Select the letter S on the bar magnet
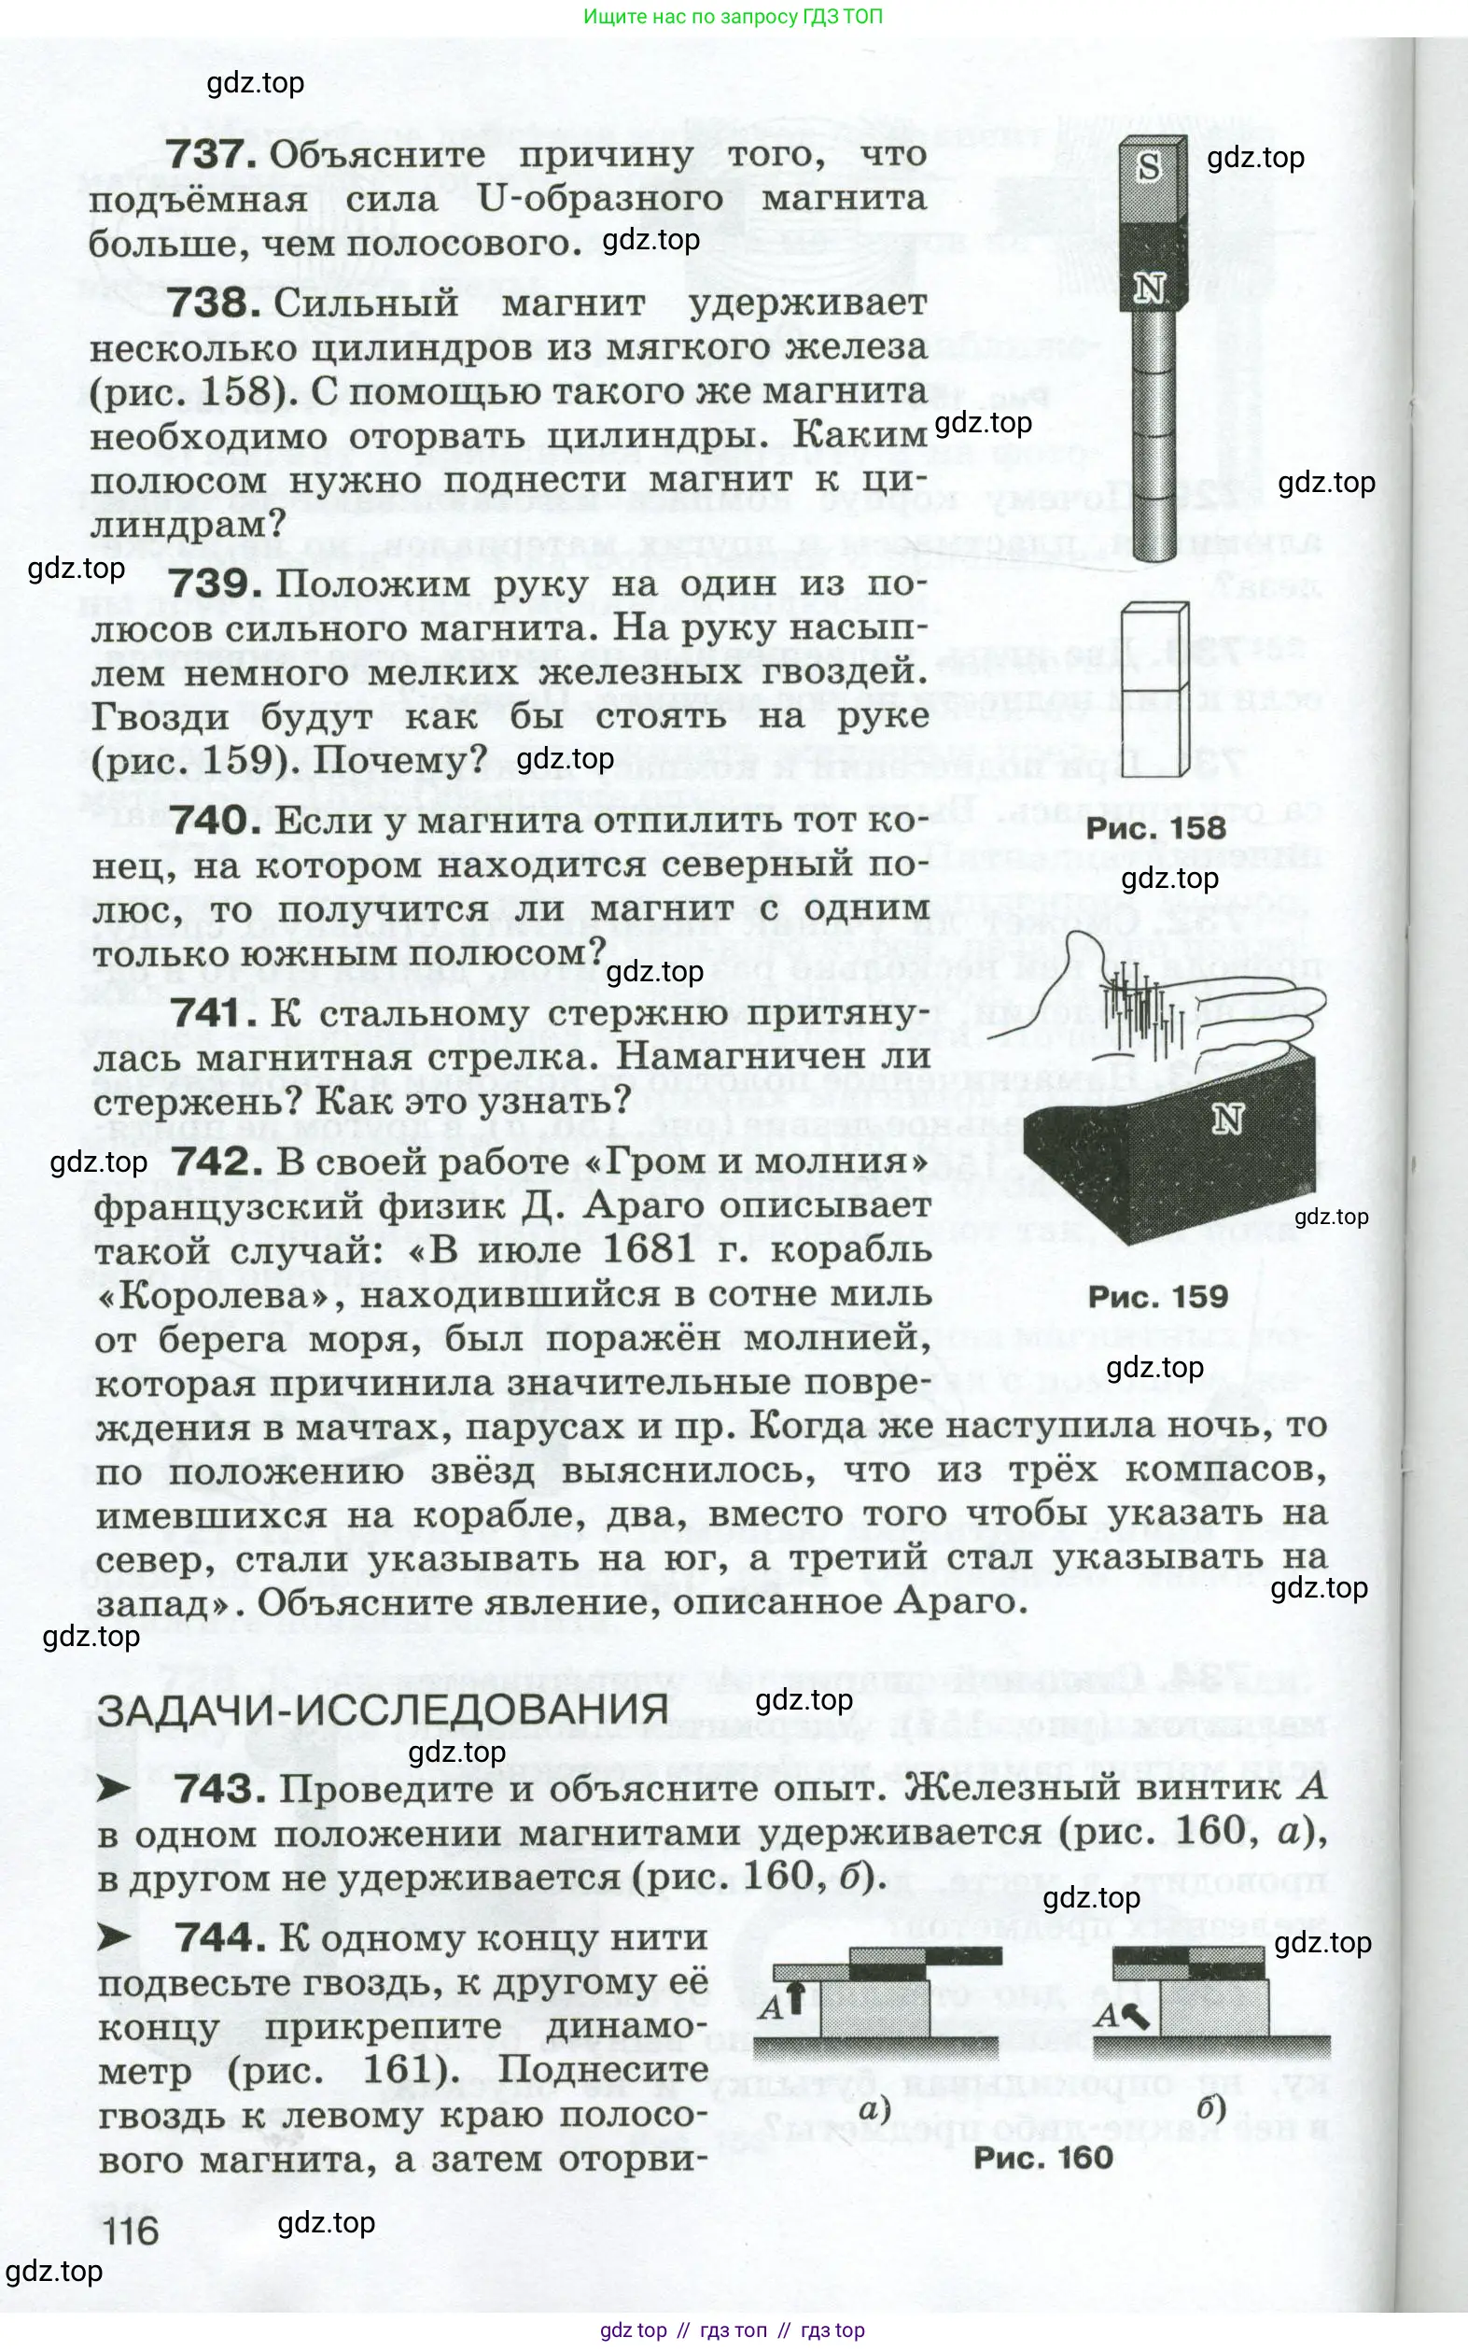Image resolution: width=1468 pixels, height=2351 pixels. coord(1149,167)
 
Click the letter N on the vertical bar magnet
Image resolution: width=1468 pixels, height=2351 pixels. coord(1150,289)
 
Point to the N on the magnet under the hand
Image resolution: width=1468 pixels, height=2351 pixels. coord(1227,1119)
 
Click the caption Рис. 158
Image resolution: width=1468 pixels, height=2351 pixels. coord(1155,828)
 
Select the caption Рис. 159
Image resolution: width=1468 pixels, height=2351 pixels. coord(1157,1296)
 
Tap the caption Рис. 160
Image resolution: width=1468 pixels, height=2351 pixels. coord(1042,2157)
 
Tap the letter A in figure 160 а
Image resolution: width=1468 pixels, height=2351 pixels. coord(772,2007)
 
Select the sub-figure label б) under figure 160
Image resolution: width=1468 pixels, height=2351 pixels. coord(1212,2108)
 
